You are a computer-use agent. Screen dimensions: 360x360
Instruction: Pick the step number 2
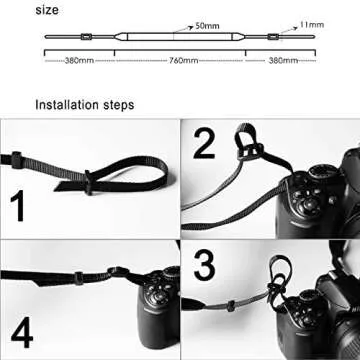[x=203, y=145]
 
